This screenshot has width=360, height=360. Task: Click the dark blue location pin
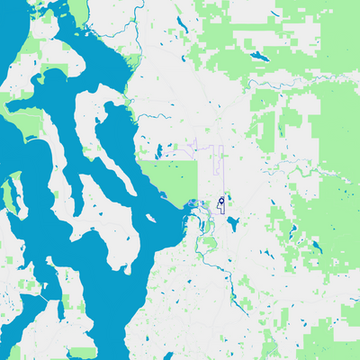click(x=221, y=201)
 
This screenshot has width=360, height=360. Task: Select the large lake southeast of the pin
click(x=233, y=223)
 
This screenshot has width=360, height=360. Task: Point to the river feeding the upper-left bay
click(x=135, y=36)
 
